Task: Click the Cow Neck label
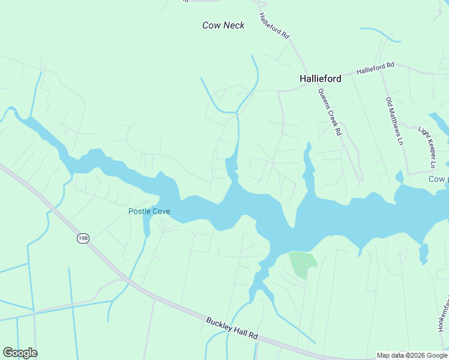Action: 223,25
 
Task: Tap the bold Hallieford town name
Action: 321,79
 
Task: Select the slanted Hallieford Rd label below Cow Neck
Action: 274,26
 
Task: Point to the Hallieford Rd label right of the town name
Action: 375,68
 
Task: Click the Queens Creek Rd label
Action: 330,112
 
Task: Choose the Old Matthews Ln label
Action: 394,121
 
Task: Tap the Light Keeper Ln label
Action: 426,147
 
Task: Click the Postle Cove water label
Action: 149,211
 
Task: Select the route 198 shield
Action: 83,239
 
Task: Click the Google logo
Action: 20,353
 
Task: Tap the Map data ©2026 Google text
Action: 412,355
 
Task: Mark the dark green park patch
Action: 302,264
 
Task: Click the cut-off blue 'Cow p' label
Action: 438,179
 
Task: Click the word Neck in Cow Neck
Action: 234,25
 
